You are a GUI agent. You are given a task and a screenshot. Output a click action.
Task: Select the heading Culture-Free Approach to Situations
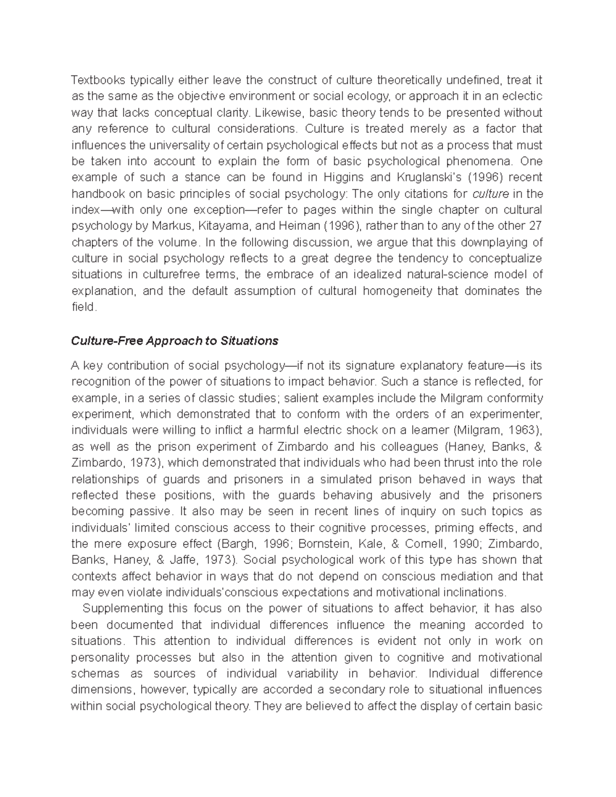(x=175, y=341)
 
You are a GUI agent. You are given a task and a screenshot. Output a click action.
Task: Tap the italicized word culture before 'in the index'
(x=490, y=193)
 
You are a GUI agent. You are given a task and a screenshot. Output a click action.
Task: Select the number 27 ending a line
(x=535, y=226)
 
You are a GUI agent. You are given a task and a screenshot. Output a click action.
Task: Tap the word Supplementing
(x=121, y=608)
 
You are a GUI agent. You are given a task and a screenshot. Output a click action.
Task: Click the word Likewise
(x=278, y=112)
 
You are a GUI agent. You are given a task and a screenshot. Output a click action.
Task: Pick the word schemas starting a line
(x=95, y=673)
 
